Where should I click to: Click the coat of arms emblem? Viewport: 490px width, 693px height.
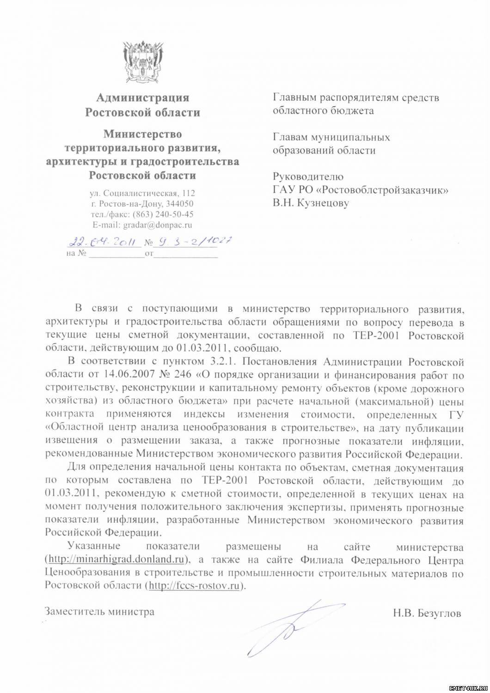pyautogui.click(x=143, y=62)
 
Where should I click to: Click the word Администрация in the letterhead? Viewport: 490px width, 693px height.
pyautogui.click(x=142, y=98)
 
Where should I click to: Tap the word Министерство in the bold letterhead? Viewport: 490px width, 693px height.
pyautogui.click(x=142, y=134)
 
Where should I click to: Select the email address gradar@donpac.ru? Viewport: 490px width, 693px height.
pyautogui.click(x=157, y=225)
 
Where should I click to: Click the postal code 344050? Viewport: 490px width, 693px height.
pyautogui.click(x=180, y=204)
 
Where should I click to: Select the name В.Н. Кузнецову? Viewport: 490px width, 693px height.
pyautogui.click(x=311, y=203)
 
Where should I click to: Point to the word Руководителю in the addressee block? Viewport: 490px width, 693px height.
pyautogui.click(x=308, y=176)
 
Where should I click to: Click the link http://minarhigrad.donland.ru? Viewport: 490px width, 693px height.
pyautogui.click(x=116, y=559)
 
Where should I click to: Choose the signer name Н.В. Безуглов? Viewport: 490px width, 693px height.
pyautogui.click(x=427, y=614)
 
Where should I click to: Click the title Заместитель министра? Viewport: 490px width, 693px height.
pyautogui.click(x=100, y=612)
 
